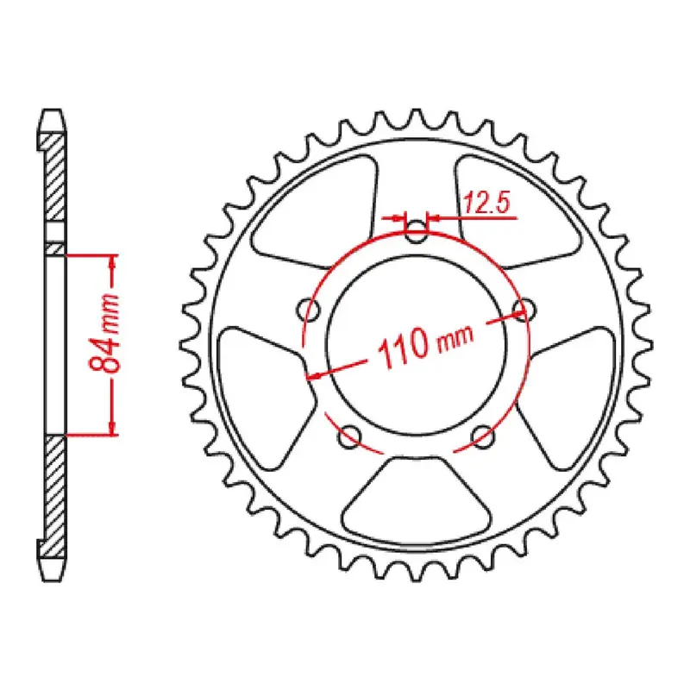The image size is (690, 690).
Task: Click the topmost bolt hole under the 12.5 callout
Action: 417,230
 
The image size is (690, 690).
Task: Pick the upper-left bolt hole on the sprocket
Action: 308,308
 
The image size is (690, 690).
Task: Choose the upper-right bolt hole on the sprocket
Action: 521,308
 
